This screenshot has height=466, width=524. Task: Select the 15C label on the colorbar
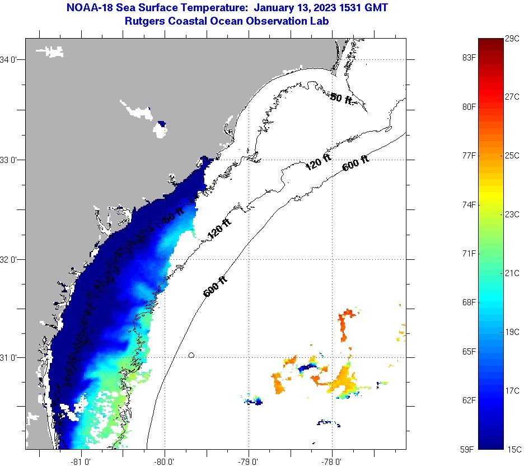514,449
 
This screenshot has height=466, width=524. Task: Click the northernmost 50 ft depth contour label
341,99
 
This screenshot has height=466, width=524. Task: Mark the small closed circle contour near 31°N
191,355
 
